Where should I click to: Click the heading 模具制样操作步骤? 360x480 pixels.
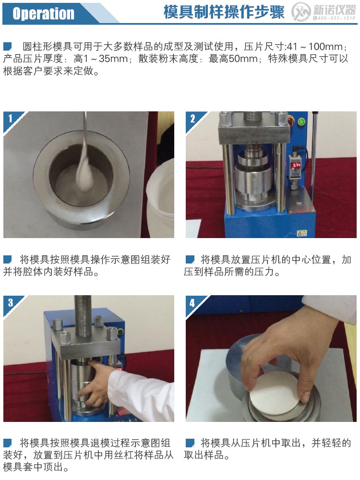click(224, 12)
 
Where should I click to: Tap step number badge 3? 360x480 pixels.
click(11, 302)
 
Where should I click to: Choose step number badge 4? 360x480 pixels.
click(193, 302)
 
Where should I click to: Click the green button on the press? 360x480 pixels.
click(301, 121)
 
